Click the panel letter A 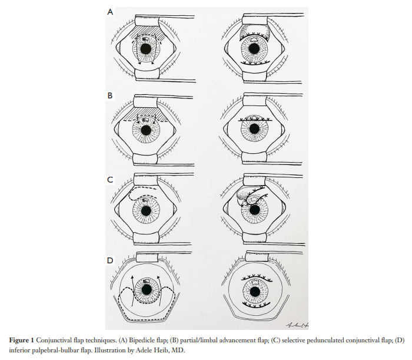tap(110, 11)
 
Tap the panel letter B tap(110, 94)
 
